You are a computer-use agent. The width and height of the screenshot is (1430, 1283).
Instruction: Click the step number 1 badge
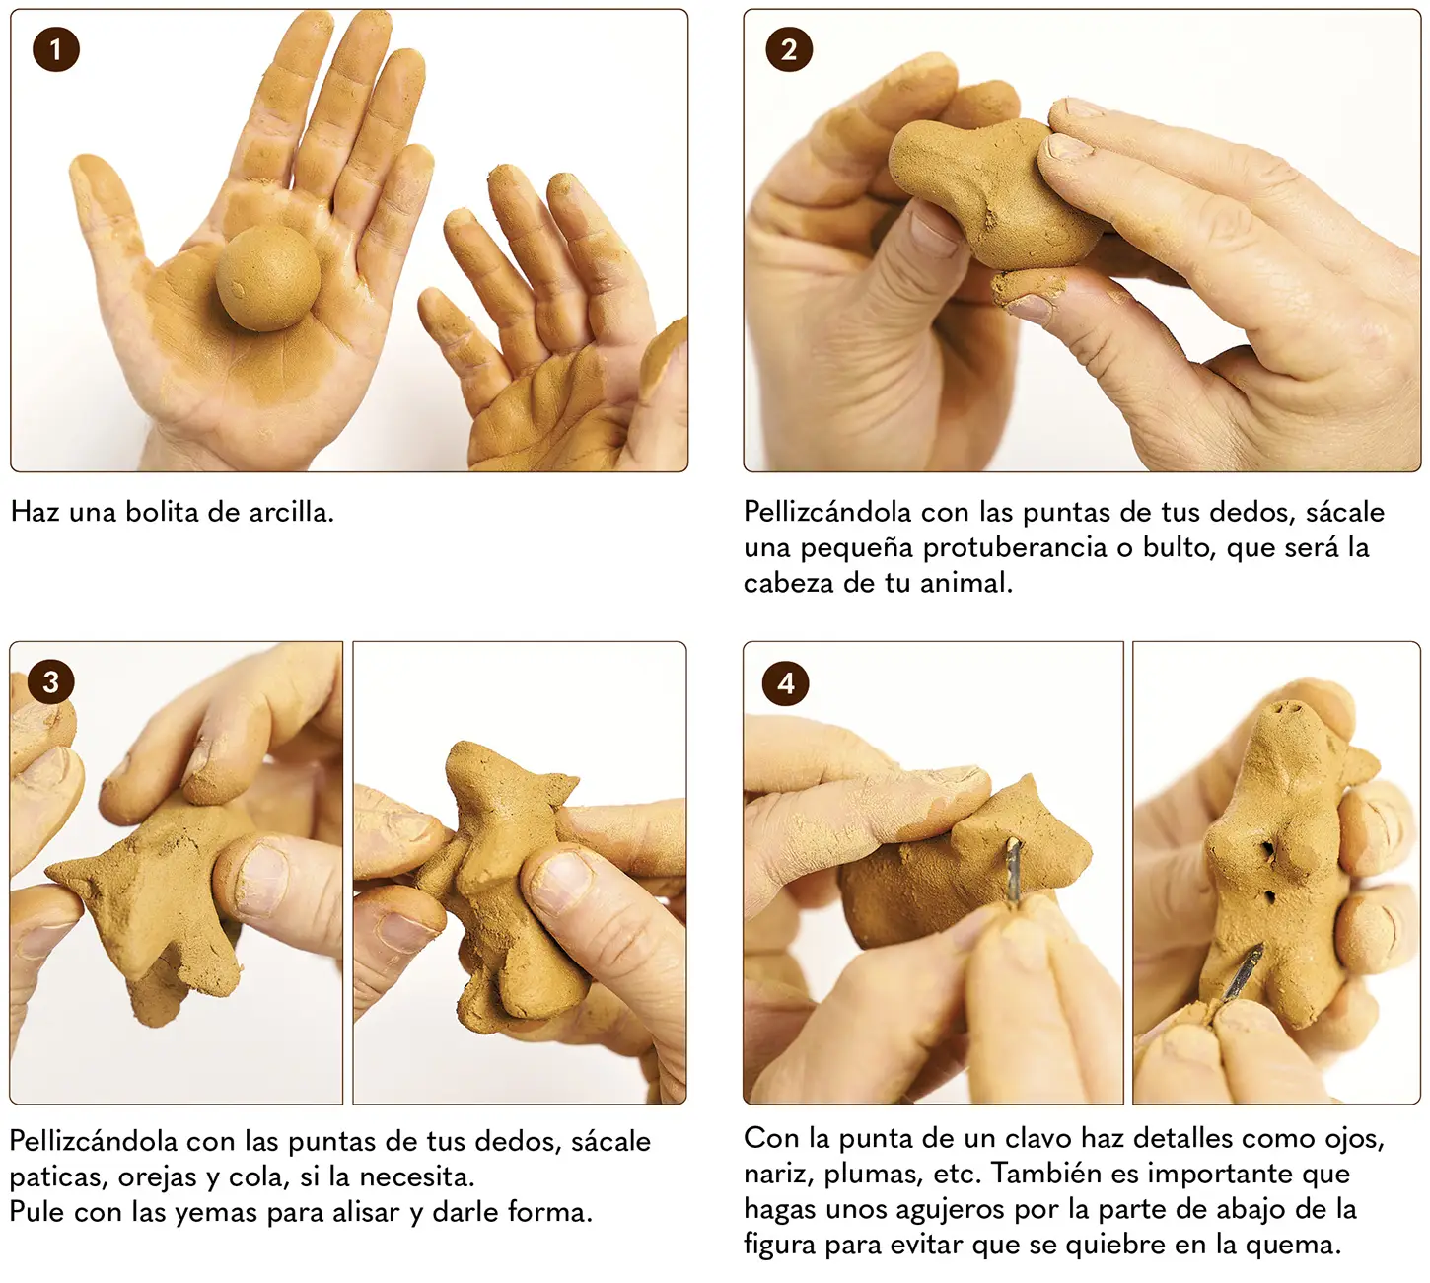[56, 49]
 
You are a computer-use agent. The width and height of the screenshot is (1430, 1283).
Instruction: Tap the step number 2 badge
[788, 49]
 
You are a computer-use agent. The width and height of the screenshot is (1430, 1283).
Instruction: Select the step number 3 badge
[51, 681]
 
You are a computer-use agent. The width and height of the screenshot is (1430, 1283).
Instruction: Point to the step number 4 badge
[785, 683]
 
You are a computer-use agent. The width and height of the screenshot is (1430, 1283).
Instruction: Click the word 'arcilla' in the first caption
[291, 513]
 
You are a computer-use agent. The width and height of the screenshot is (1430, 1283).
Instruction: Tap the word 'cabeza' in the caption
[788, 584]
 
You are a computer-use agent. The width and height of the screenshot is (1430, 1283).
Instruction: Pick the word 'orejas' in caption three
[158, 1177]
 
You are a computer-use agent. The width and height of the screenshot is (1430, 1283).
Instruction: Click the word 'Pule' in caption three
[37, 1212]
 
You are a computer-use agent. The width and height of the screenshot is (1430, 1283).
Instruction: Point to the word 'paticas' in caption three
[58, 1177]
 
